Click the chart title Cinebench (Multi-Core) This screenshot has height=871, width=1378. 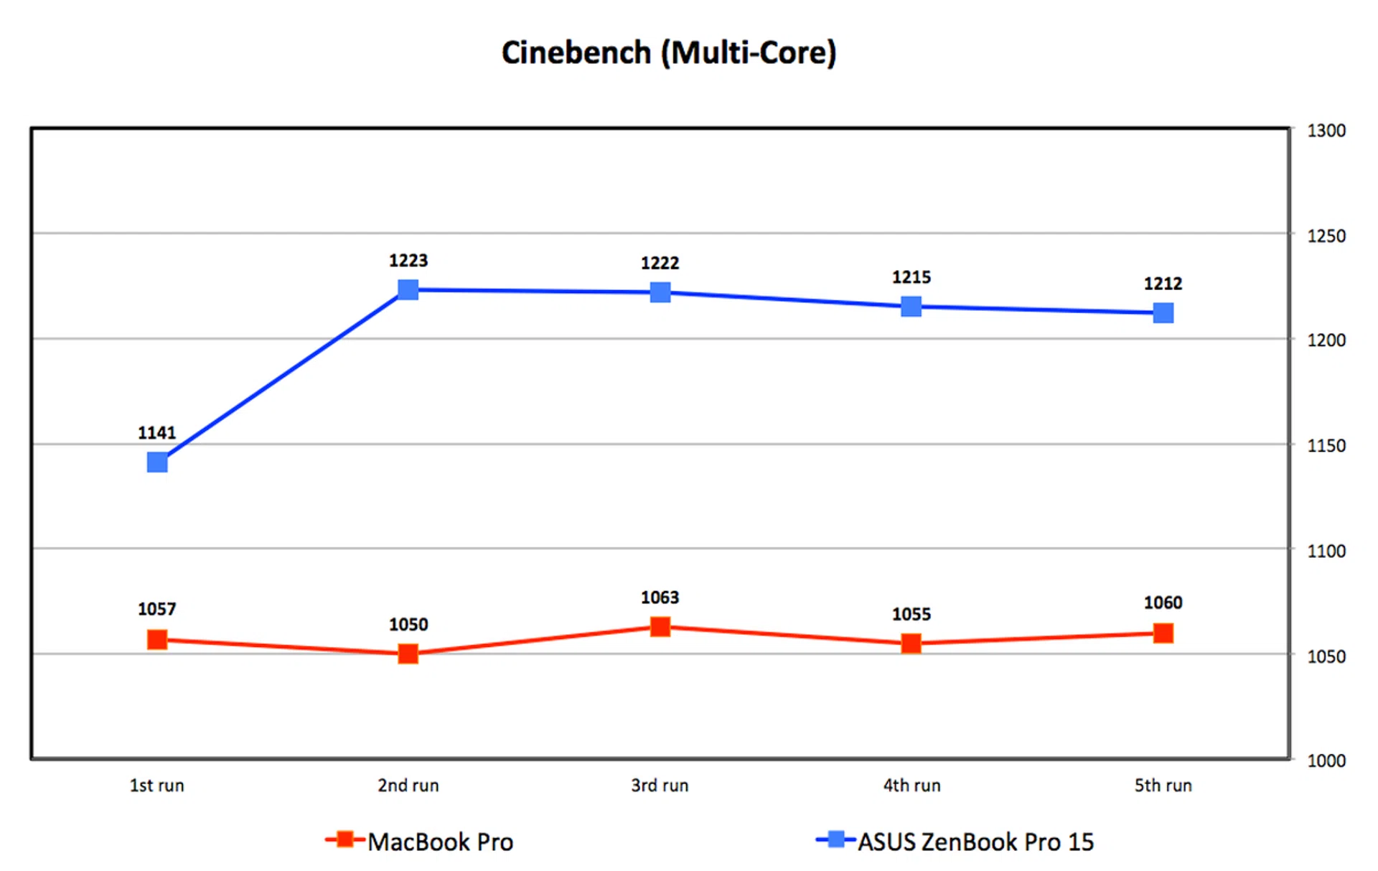[669, 53]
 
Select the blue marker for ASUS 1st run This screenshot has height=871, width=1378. [157, 462]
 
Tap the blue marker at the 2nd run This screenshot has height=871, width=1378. [408, 289]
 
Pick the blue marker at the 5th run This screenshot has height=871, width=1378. [1163, 312]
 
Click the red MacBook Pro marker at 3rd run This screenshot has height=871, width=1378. [660, 627]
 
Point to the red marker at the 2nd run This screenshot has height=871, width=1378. [408, 653]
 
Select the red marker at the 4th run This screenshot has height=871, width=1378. [911, 643]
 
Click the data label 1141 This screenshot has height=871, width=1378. [156, 433]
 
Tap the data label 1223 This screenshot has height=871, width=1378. [408, 261]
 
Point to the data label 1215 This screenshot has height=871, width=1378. [911, 277]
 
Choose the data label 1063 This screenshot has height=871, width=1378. [660, 597]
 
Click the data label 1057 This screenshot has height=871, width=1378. [156, 610]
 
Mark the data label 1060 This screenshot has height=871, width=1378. [1163, 602]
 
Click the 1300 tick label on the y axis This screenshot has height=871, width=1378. [1326, 131]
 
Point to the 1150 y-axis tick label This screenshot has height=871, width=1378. [1326, 446]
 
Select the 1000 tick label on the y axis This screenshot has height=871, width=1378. [1326, 760]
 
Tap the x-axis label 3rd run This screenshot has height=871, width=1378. [660, 786]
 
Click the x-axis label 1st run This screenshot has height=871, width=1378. [156, 786]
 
